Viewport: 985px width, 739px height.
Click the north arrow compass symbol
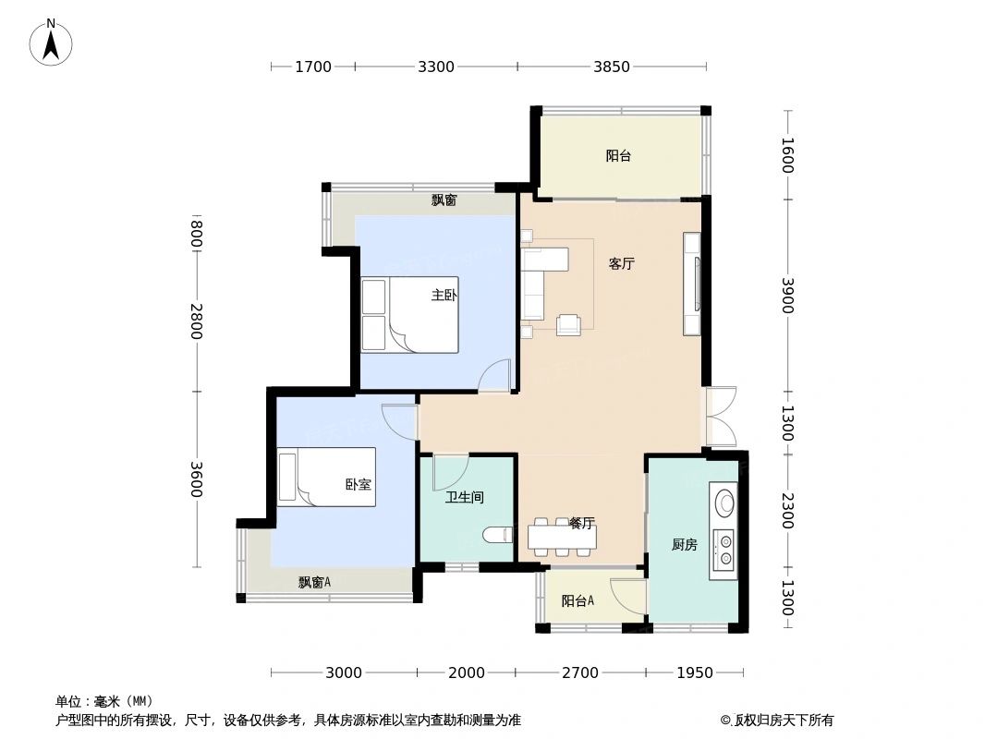click(x=51, y=42)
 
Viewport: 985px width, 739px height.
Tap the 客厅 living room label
click(x=621, y=264)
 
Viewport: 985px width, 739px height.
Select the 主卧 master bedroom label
click(x=444, y=296)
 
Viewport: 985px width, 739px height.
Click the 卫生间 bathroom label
click(x=464, y=498)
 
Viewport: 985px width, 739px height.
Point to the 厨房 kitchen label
click(x=684, y=545)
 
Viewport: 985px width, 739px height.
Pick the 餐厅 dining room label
click(x=581, y=524)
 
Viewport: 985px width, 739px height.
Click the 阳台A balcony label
click(x=578, y=601)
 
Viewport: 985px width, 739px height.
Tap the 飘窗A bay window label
click(x=314, y=583)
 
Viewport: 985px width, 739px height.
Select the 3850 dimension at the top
click(x=611, y=67)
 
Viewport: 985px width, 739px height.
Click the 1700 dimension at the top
click(x=312, y=67)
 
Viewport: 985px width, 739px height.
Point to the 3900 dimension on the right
click(x=787, y=296)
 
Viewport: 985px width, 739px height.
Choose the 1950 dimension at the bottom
click(x=694, y=672)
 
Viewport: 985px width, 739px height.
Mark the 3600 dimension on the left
click(x=196, y=479)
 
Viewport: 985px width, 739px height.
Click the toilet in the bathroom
click(x=498, y=535)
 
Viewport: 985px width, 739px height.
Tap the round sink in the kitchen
click(x=725, y=503)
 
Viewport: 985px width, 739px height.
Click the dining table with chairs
click(x=562, y=537)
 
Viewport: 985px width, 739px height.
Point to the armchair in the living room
click(x=568, y=324)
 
